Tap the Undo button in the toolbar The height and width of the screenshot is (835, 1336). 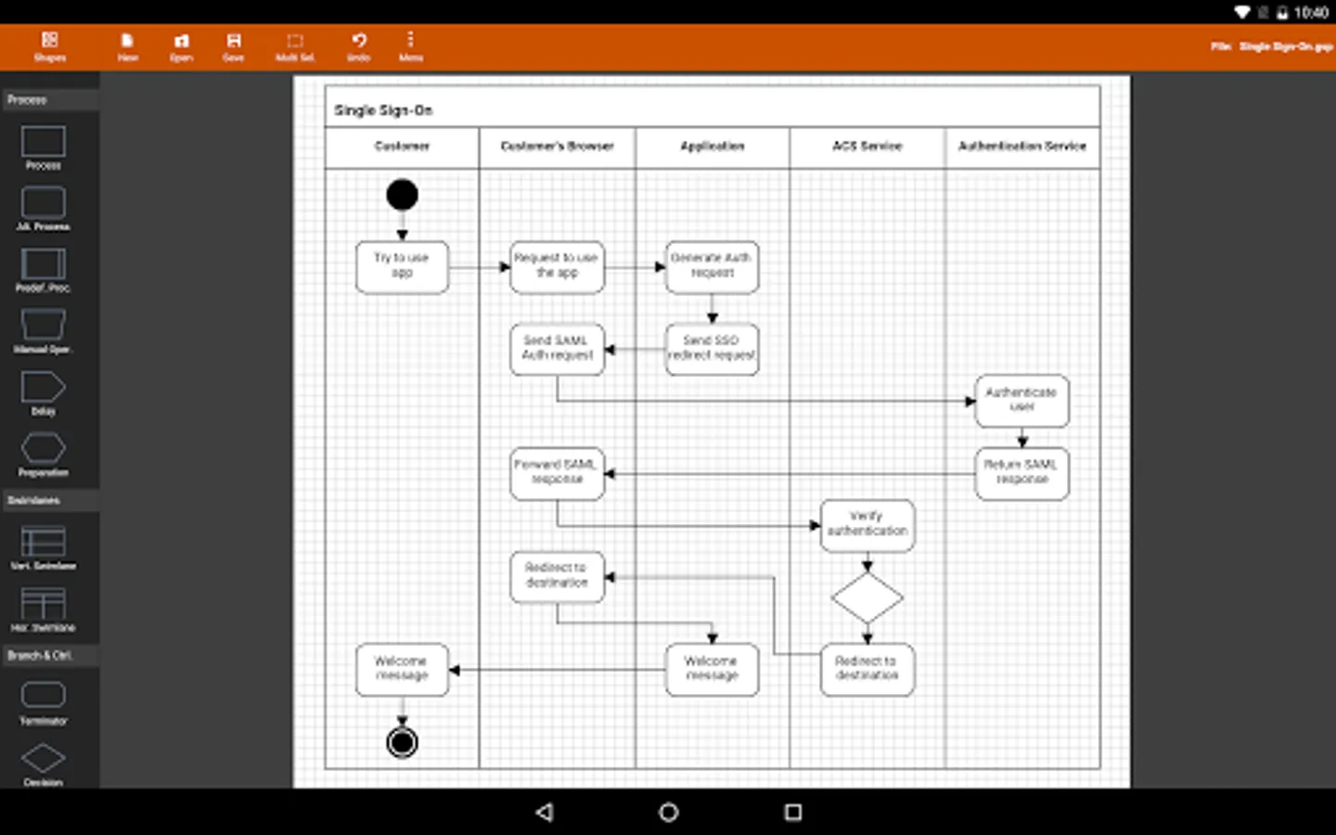coord(359,45)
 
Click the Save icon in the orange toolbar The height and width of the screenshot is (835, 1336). coord(234,45)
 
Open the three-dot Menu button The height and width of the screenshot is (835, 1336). coord(410,45)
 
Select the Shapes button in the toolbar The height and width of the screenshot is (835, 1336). coord(50,45)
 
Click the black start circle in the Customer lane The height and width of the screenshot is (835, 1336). coord(402,195)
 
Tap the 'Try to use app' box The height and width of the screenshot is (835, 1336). coord(402,266)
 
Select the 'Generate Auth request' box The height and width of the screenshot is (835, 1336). coord(712,266)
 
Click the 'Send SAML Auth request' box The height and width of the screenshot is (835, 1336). coord(557,349)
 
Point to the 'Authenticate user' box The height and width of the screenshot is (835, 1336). coord(1021,401)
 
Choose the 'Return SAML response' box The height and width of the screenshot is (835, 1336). coord(1021,473)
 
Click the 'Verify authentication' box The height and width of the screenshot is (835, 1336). coord(867,525)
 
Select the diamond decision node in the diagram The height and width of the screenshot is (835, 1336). coord(867,598)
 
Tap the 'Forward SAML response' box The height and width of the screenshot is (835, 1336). coord(557,473)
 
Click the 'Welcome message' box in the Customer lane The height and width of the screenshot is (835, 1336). coord(402,669)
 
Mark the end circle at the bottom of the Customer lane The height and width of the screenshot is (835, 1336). coord(402,742)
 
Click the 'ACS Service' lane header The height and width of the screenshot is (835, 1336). coord(867,147)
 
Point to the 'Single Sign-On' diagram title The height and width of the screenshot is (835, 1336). coord(383,110)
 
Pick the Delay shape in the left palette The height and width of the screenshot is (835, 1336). coord(43,390)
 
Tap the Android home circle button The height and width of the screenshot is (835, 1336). coord(668,813)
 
